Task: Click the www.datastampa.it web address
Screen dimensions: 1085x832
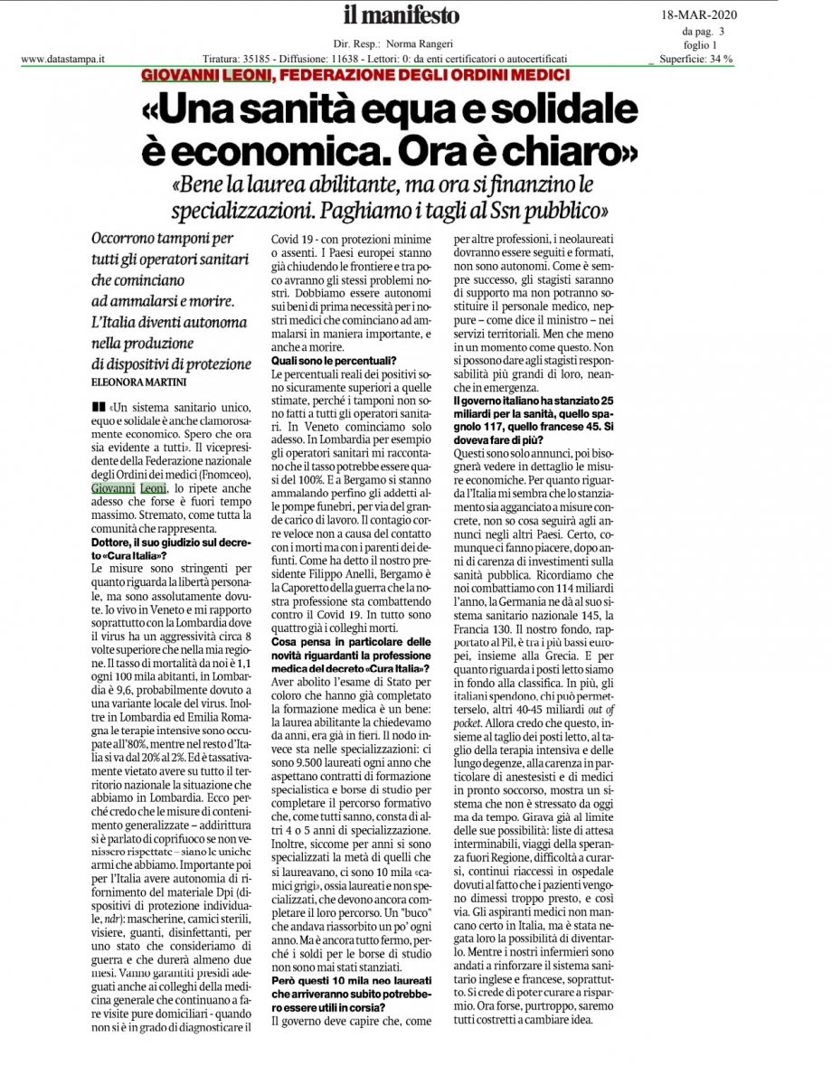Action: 63,60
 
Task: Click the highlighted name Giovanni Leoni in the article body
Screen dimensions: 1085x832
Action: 128,488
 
